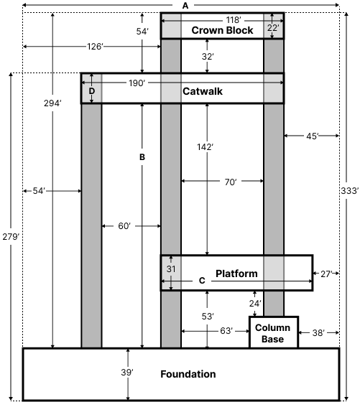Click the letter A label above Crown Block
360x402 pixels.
185,5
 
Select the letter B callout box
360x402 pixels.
142,156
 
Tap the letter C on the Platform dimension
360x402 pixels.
201,281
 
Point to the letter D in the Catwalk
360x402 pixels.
91,92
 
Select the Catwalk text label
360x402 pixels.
201,92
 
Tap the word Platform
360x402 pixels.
236,274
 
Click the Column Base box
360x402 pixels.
272,333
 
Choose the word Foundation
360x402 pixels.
188,374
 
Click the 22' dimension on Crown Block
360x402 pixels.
272,27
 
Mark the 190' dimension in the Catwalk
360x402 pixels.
137,83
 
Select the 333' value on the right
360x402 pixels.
349,190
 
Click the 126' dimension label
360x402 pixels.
95,47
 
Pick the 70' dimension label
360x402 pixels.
230,183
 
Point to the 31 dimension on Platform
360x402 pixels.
171,268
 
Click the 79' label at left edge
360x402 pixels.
12,237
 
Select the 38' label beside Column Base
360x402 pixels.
318,332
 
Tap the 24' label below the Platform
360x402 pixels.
255,304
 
